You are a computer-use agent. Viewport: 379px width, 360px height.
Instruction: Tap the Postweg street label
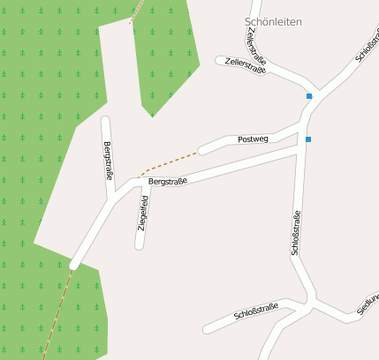253,139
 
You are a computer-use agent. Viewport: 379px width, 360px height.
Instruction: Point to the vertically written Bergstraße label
109,160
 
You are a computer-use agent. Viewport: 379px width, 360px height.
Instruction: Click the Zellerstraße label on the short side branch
245,65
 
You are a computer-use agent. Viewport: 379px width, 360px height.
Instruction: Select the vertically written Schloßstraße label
296,233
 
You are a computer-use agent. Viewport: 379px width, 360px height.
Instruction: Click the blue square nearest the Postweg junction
308,139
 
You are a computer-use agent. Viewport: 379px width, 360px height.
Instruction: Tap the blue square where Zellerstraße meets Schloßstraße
309,95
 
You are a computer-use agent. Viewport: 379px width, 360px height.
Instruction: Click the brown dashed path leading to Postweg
168,162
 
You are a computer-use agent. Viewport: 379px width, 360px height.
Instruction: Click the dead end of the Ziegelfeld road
139,244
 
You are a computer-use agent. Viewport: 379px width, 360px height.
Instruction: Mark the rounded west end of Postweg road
203,150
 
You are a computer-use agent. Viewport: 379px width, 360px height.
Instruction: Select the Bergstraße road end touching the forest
75,262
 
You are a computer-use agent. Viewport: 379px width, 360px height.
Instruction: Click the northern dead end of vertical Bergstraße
106,121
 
